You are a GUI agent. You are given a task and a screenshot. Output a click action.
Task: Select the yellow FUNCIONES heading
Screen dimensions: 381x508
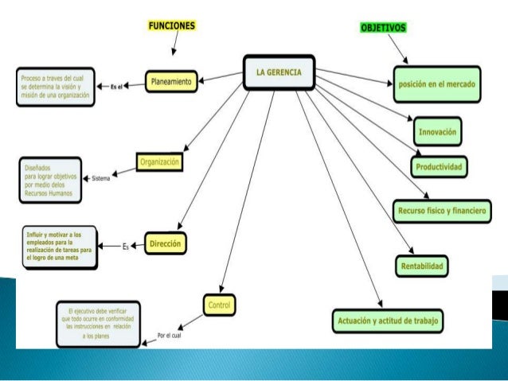[171, 25]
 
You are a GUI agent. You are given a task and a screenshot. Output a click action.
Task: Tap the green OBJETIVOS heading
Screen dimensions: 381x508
[384, 28]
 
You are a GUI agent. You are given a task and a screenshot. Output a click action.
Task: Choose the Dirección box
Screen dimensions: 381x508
[166, 243]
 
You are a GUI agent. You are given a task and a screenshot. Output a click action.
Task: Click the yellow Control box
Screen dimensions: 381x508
[219, 304]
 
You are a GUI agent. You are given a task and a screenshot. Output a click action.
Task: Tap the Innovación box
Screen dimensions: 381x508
[439, 130]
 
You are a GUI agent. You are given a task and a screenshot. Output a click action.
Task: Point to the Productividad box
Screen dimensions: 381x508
[440, 166]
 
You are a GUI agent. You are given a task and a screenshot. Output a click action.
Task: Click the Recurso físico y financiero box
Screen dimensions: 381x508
[440, 211]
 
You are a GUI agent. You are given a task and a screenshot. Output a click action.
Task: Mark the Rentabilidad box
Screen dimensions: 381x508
[421, 264]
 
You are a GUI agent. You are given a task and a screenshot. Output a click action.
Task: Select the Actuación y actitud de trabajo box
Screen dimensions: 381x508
[386, 321]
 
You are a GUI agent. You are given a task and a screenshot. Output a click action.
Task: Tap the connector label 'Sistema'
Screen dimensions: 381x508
[100, 177]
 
